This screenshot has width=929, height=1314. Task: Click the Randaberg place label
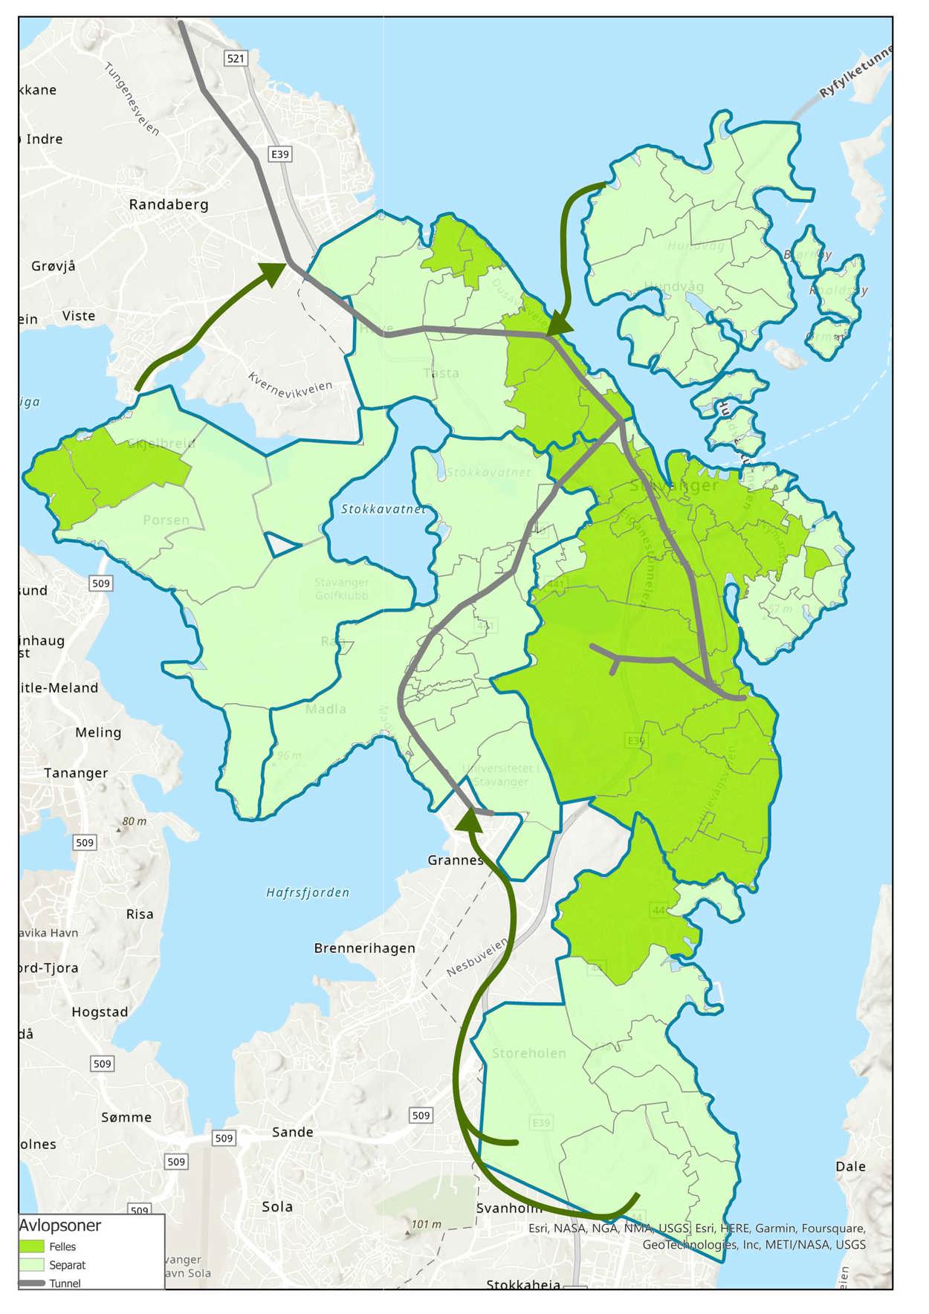click(x=169, y=204)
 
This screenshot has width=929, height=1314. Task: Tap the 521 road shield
click(x=236, y=58)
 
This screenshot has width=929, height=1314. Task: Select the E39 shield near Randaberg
click(x=279, y=154)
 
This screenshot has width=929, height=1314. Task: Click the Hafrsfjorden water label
click(x=308, y=893)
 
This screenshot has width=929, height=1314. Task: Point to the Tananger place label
click(x=76, y=773)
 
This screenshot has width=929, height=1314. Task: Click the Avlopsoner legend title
click(x=59, y=1226)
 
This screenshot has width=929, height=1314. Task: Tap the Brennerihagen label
click(x=364, y=948)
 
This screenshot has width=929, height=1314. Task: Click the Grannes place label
click(x=455, y=860)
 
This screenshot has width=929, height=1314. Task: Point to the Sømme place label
click(x=126, y=1117)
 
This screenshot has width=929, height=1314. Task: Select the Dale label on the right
click(x=850, y=1166)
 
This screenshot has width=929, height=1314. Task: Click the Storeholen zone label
click(x=529, y=1053)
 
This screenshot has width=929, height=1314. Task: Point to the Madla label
click(x=326, y=709)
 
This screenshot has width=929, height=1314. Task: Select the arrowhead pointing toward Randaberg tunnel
click(x=273, y=273)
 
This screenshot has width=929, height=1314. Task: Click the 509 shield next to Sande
click(x=224, y=1138)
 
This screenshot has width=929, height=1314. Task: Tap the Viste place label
click(x=79, y=316)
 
